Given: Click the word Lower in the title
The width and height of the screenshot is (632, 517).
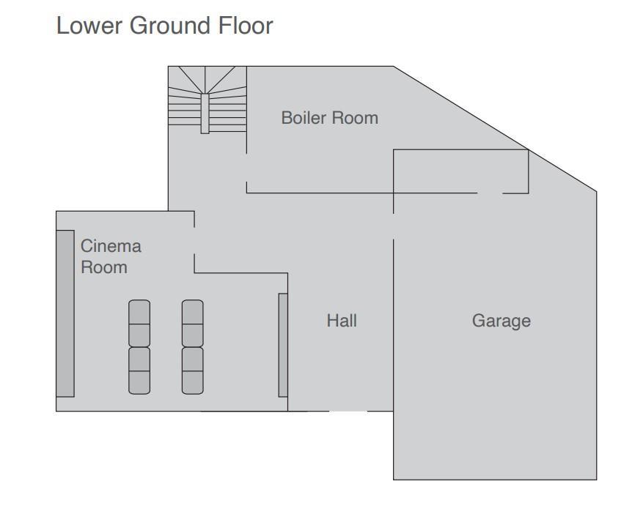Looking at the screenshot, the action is pos(89,26).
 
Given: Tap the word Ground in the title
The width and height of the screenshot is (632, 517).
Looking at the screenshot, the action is pos(170,26).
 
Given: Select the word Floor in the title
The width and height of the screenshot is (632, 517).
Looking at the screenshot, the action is pos(246,26).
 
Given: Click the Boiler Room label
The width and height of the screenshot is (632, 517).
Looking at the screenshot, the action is pos(330,118).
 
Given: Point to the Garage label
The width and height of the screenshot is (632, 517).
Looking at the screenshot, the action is pos(501,321).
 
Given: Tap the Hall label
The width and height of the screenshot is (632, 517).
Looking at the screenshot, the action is pos(342,321).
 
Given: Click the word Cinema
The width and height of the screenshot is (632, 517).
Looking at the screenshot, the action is pos(111,246).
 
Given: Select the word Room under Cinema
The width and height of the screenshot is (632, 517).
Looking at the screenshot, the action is pos(104,267).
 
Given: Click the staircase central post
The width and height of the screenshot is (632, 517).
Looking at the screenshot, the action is pos(205,114).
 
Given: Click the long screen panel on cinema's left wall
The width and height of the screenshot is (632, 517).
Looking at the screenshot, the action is pos(65,313).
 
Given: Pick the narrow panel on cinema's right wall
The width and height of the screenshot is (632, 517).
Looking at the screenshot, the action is pos(283,345).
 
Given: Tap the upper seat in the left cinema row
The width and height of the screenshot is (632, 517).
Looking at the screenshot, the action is pos(139,324).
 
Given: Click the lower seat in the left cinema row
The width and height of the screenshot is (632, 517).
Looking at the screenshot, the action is pos(139,371).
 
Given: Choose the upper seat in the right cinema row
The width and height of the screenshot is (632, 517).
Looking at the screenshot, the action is pos(193,324).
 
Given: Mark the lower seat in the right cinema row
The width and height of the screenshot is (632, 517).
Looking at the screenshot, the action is pos(193,371).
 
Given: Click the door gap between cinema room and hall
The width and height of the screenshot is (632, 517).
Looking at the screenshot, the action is pos(194,241).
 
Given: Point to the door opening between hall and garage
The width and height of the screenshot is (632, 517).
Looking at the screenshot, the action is pos(394,226).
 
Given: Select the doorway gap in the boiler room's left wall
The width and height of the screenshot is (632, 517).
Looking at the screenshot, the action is pos(246,168).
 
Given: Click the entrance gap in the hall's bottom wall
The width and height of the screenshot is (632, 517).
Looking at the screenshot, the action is pos(348,411).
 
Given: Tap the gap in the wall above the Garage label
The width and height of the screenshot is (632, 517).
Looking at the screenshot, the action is pos(490,193).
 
